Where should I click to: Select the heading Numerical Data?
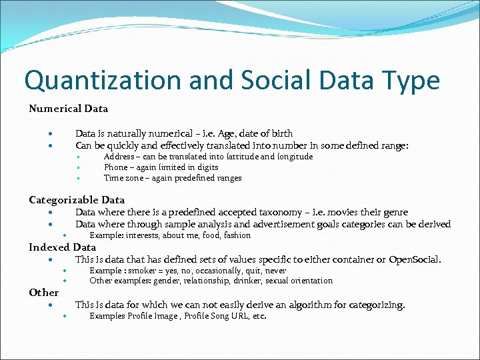point(68,108)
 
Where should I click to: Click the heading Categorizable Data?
point(77,199)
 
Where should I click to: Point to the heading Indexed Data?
point(62,247)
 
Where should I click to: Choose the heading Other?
point(43,292)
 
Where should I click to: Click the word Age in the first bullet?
point(229,133)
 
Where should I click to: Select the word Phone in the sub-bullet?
point(117,167)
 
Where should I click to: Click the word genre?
point(394,213)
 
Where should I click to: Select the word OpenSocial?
point(413,259)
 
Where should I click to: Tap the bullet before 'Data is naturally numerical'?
point(51,133)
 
